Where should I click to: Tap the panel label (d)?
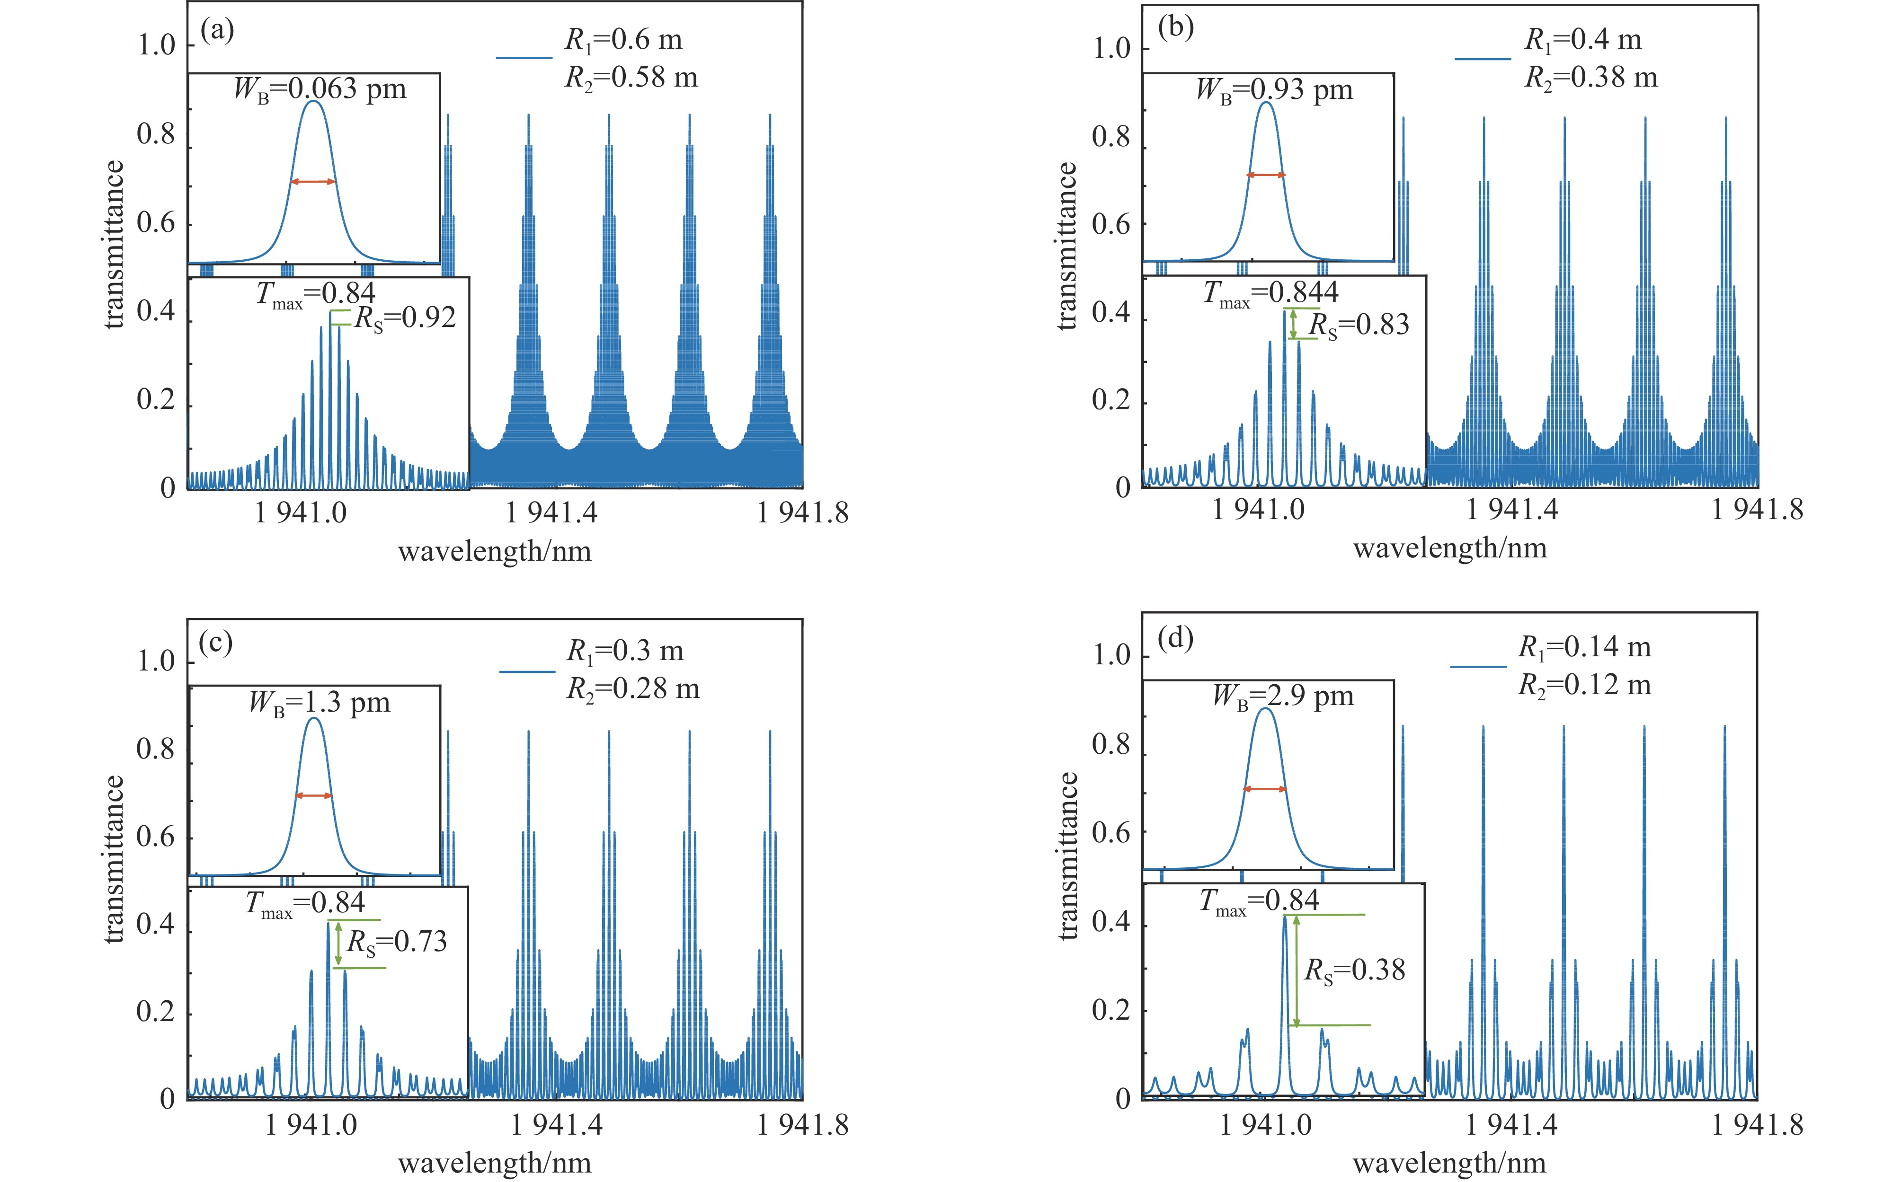click(x=1176, y=639)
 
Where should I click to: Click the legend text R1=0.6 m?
click(x=624, y=40)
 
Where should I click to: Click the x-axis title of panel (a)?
click(x=494, y=552)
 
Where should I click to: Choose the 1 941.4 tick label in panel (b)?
click(x=1511, y=510)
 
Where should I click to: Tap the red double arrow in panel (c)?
click(x=313, y=796)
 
